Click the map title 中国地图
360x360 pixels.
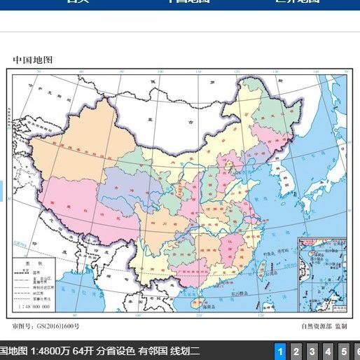33,60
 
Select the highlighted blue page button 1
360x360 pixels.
280,351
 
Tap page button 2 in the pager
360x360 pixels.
296,351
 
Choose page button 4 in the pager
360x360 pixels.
328,351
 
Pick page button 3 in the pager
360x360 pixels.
312,351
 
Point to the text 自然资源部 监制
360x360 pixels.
324,326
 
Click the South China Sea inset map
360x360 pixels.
321,274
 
